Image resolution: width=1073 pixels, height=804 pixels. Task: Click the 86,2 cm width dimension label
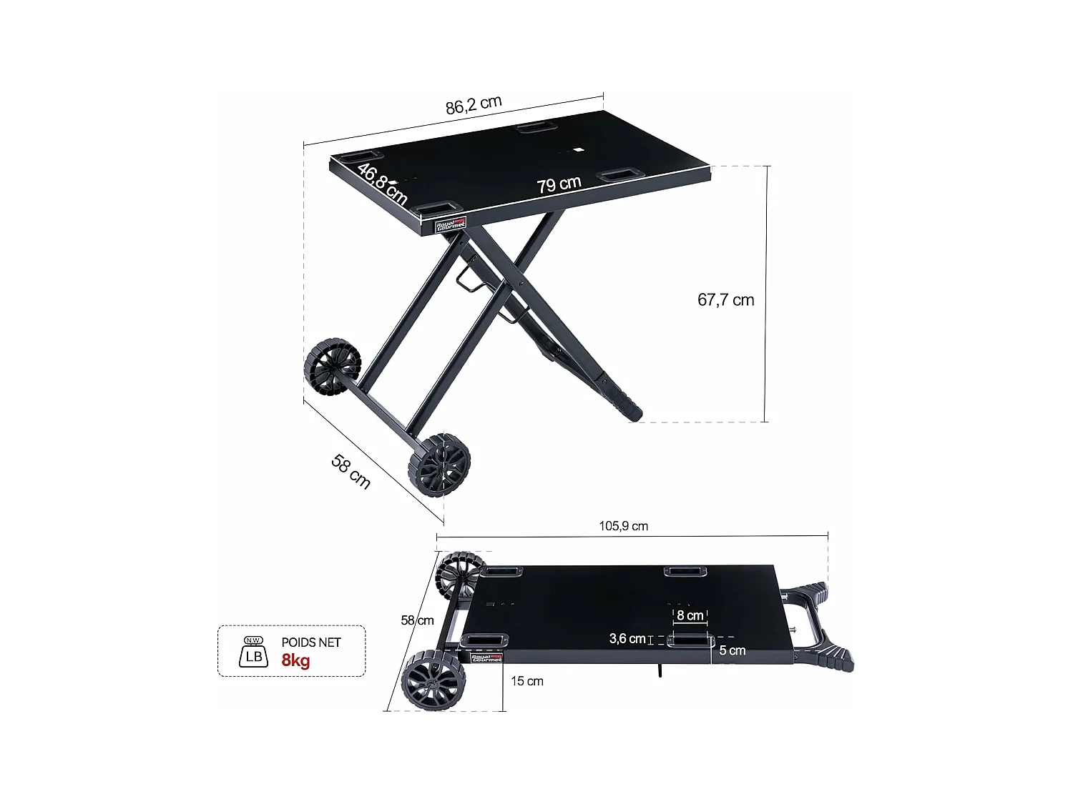[474, 105]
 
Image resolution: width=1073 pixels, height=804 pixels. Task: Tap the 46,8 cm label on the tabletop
[382, 184]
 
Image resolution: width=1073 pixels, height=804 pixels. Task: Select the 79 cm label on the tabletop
[559, 184]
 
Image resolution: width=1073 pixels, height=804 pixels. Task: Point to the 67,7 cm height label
[725, 300]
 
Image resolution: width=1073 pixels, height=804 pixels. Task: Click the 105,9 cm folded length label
[623, 526]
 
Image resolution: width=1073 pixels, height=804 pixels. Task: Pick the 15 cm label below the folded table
[527, 681]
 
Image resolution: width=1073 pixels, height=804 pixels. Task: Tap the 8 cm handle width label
[690, 615]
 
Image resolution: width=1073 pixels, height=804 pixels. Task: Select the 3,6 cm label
[627, 638]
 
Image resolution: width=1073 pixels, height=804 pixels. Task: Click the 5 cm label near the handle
[732, 650]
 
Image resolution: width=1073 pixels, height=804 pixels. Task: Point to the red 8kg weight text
[295, 660]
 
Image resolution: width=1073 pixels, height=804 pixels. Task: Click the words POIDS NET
[311, 642]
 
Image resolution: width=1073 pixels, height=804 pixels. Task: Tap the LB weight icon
[253, 652]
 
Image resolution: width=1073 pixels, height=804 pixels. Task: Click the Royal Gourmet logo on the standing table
[451, 224]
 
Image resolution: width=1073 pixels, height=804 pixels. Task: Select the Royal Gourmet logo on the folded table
[486, 658]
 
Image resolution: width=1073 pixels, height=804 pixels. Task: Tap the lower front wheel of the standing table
[439, 465]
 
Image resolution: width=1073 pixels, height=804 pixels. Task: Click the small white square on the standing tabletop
[578, 150]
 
